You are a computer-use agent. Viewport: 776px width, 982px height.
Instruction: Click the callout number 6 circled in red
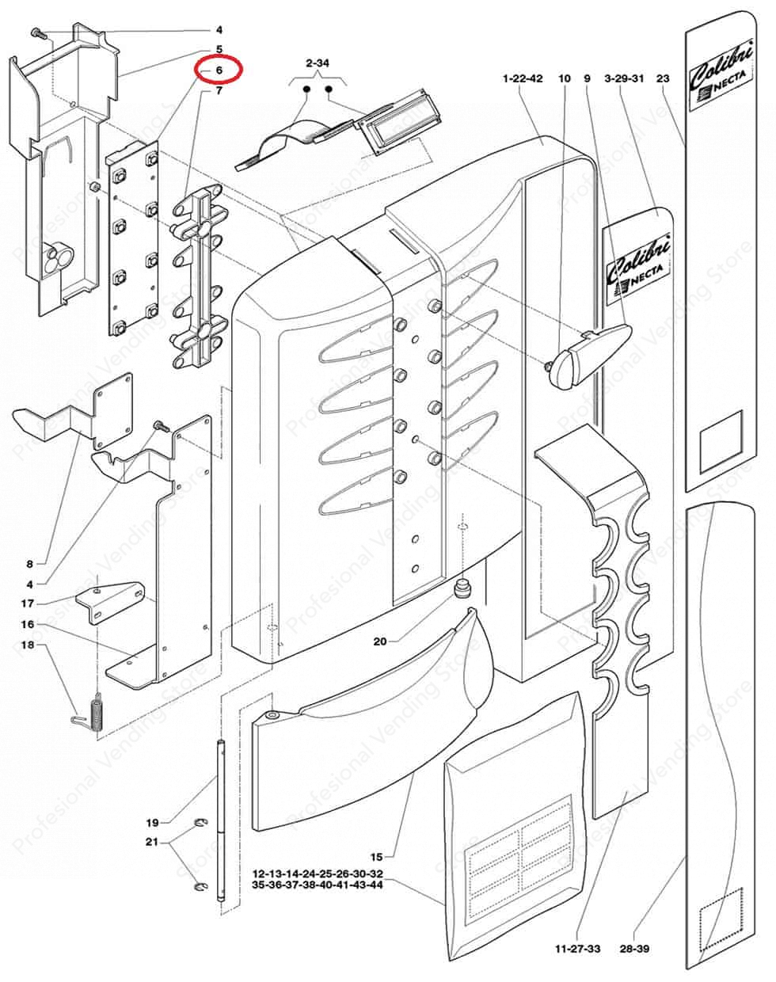(x=219, y=70)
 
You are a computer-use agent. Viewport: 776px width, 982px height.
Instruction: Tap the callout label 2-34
(x=317, y=63)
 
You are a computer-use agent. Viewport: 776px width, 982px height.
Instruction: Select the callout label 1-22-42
(x=523, y=78)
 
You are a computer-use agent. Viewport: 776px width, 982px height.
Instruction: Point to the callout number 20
(x=380, y=641)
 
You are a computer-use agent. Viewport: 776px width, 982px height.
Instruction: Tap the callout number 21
(x=152, y=842)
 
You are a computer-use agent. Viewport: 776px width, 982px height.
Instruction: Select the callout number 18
(x=28, y=645)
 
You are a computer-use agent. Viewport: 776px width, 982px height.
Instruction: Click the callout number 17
(x=28, y=603)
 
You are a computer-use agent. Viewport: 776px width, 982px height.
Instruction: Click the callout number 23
(x=663, y=78)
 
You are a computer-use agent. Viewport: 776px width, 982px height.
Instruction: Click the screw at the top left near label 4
(x=37, y=32)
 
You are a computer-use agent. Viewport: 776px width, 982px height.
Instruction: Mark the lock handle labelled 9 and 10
(x=588, y=355)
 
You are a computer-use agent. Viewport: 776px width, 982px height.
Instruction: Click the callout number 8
(x=29, y=564)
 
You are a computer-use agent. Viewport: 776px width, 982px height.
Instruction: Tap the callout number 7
(x=219, y=91)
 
